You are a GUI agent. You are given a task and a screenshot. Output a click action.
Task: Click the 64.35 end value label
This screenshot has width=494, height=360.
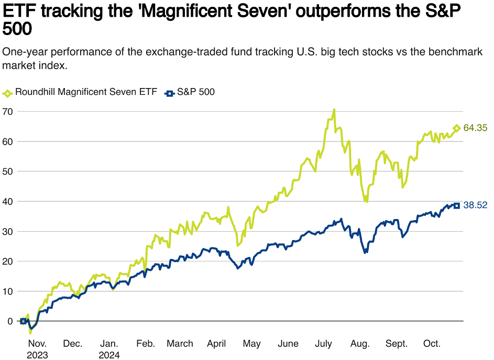(x=476, y=128)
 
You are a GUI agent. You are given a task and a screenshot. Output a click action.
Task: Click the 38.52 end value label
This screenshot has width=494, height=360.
(x=476, y=205)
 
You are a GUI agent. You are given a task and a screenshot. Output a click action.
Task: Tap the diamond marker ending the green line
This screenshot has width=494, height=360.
(x=456, y=128)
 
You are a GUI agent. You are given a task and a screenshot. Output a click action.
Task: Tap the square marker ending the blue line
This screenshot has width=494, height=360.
(x=456, y=205)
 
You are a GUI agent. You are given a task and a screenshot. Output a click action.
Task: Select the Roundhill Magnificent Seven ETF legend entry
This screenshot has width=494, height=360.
(x=81, y=92)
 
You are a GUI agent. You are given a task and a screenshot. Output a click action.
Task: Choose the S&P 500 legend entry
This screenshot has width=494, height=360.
(x=191, y=92)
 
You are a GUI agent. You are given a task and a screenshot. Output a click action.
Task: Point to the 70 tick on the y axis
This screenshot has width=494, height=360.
(x=7, y=111)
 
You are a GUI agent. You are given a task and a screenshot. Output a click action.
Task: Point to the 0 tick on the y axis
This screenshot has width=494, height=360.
(x=10, y=321)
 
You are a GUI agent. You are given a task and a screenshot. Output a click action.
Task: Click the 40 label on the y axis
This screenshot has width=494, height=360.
(x=7, y=201)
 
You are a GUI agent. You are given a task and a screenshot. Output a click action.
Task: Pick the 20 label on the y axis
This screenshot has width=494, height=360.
(x=7, y=261)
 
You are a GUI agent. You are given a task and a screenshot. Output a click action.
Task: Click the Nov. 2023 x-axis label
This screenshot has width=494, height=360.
(x=37, y=349)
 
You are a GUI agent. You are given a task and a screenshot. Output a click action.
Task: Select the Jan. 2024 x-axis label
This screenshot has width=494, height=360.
(x=109, y=349)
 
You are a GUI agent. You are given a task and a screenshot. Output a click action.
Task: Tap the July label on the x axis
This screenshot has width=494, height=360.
(x=323, y=344)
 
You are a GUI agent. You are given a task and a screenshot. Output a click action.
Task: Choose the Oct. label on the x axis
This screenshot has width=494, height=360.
(x=432, y=344)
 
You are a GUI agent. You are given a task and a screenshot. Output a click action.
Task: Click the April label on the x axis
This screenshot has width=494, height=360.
(x=216, y=344)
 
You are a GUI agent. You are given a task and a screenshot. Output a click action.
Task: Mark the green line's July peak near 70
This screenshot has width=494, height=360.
(x=334, y=110)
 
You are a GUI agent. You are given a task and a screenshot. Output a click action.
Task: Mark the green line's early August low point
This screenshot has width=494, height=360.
(x=366, y=201)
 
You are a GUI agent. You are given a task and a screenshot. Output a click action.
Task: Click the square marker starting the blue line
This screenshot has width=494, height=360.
(x=23, y=321)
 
